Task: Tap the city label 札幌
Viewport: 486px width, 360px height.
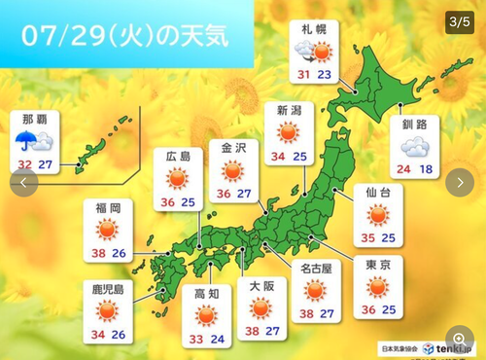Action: (313, 29)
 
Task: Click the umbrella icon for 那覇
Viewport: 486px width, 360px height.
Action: (25, 143)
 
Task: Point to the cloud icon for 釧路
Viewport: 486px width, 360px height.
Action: (415, 147)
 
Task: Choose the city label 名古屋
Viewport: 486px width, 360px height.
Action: (315, 269)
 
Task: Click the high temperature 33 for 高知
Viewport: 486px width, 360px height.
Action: (194, 339)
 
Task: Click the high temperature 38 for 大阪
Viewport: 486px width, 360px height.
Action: (251, 330)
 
